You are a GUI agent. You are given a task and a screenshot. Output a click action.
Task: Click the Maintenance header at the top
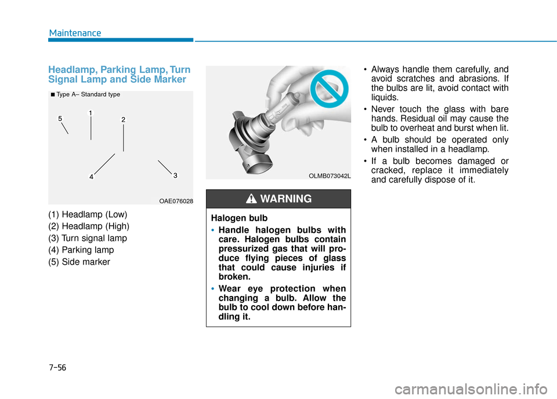pos(75,33)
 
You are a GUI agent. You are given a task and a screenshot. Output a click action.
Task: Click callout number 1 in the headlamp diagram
pos(91,113)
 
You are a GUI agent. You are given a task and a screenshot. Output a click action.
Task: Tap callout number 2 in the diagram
pos(123,120)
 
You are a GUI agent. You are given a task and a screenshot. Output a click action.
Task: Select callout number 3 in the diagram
pos(175,175)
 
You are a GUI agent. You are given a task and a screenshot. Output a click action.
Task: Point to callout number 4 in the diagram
pos(91,177)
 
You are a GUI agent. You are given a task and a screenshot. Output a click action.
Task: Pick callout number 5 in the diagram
pos(60,119)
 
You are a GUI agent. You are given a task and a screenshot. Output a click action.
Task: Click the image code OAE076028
pos(176,201)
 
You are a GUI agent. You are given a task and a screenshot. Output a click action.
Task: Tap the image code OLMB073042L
pos(330,176)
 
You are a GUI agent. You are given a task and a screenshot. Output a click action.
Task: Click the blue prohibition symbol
pos(330,88)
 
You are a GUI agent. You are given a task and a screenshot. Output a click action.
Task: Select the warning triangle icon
pos(251,199)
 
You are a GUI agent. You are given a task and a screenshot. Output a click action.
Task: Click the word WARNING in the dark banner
pos(286,199)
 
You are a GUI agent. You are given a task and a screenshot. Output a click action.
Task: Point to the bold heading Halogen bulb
pos(239,218)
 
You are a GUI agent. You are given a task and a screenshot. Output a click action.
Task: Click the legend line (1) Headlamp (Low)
pos(88,215)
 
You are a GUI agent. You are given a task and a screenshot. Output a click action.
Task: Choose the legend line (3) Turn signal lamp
pos(88,239)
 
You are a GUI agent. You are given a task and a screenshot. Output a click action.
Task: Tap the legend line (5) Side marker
pos(79,262)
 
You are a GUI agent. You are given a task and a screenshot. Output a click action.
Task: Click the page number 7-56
pos(57,367)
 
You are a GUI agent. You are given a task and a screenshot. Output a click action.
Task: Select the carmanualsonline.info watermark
pos(471,389)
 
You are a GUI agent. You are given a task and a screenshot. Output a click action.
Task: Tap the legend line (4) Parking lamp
pos(81,250)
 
